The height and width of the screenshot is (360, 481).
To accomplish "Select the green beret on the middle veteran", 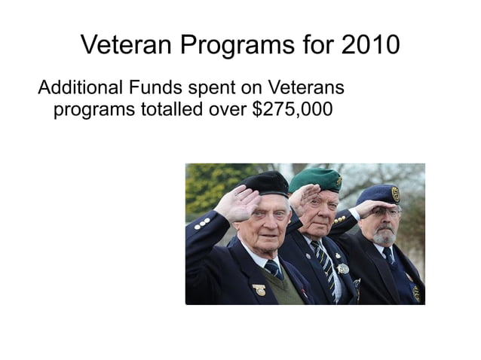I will coord(315,178).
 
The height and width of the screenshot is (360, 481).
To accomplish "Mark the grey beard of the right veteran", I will coord(385,237).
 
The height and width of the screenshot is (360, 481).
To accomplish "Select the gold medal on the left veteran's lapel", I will coord(259,289).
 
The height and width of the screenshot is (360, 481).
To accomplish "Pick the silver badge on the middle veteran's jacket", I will coord(343,268).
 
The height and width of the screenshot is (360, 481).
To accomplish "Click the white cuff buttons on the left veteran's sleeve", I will coord(201,223).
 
